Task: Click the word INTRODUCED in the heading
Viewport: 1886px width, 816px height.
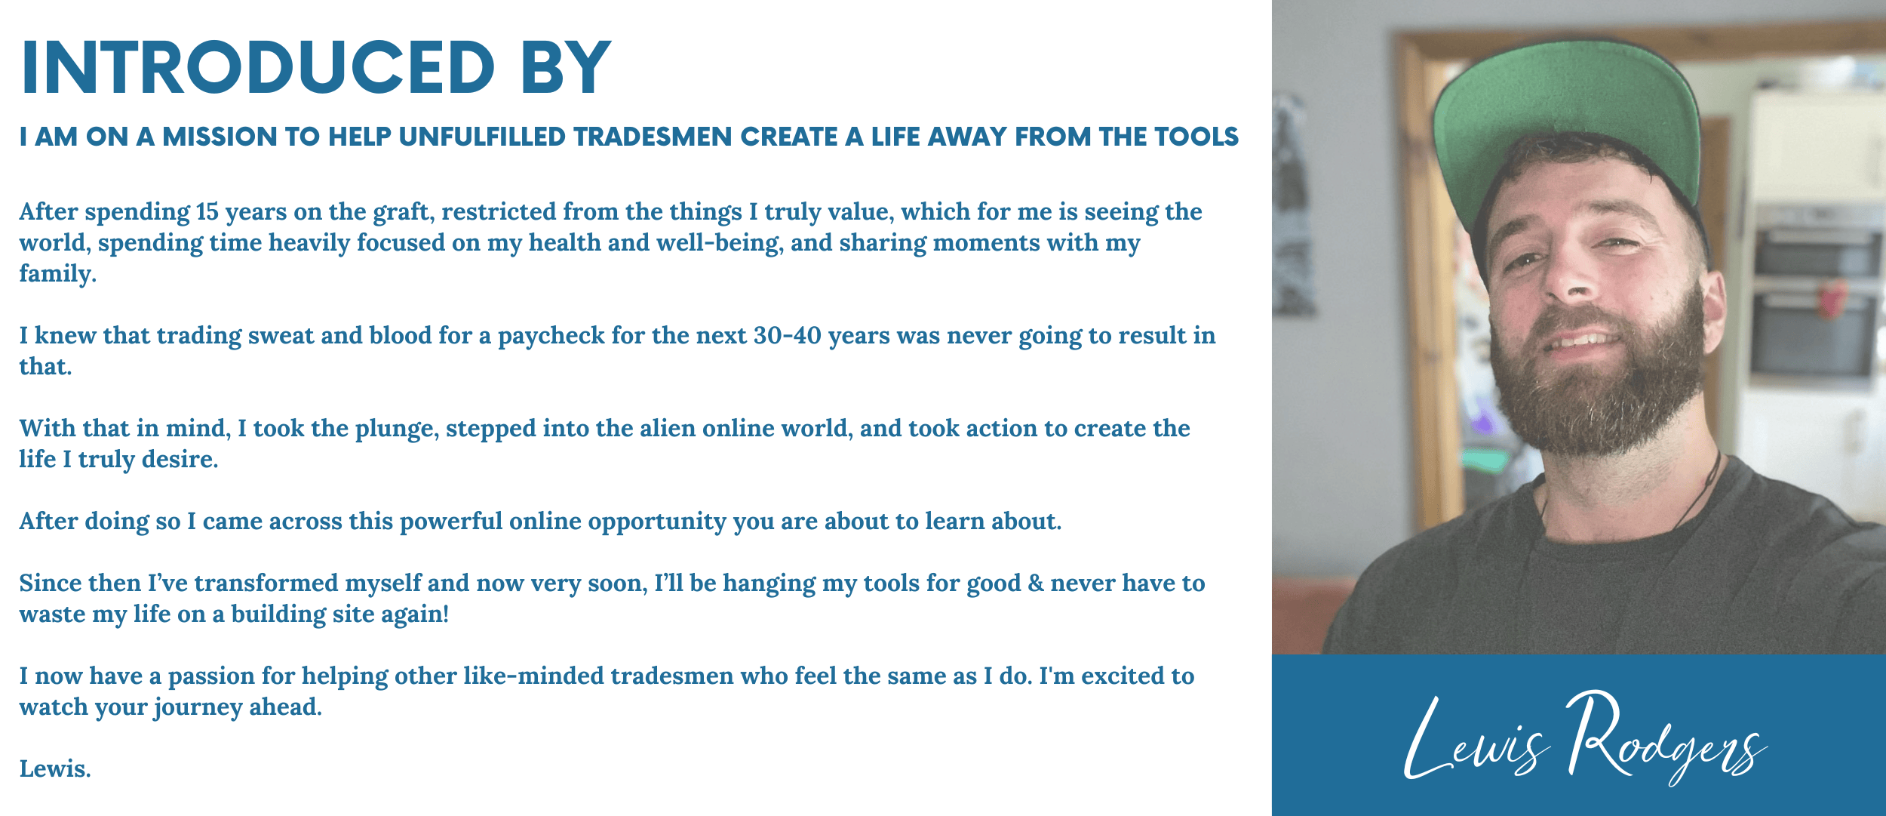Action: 258,67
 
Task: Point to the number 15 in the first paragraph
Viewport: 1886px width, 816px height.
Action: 207,212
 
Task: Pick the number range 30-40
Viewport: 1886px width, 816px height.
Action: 787,336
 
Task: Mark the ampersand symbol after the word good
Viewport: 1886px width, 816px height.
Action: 1036,584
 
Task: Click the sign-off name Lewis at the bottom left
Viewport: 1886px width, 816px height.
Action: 55,768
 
